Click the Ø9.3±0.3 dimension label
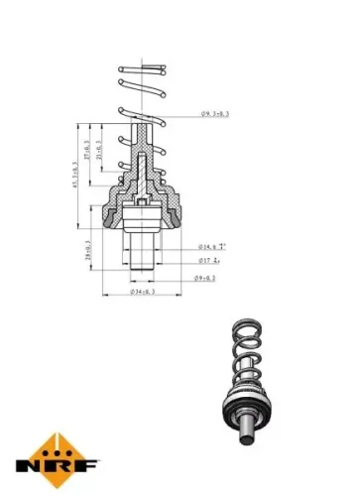click(x=214, y=115)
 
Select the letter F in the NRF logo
click(x=87, y=462)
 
